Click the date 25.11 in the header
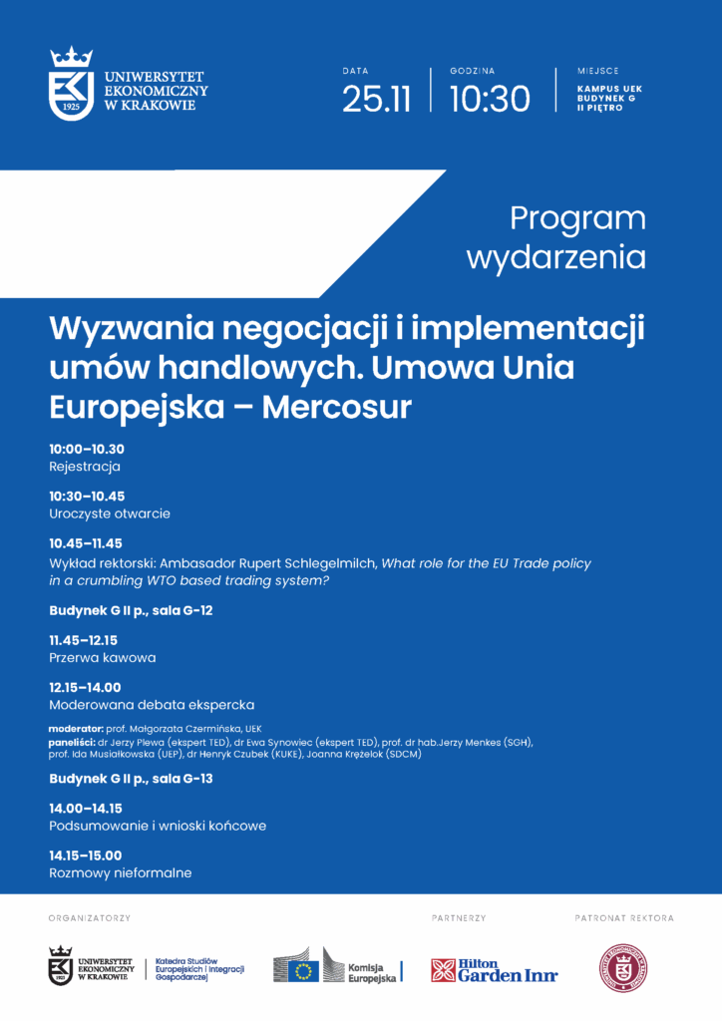click(x=376, y=99)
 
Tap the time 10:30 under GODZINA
click(x=489, y=99)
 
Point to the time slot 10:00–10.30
click(x=87, y=449)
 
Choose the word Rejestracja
click(x=85, y=467)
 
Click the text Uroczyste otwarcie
click(x=110, y=513)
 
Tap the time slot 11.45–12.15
click(x=84, y=640)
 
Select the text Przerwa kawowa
click(x=103, y=658)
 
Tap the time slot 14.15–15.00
click(x=85, y=855)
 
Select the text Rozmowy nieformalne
click(x=120, y=873)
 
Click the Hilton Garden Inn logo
click(x=495, y=970)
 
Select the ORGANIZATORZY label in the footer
click(x=89, y=917)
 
